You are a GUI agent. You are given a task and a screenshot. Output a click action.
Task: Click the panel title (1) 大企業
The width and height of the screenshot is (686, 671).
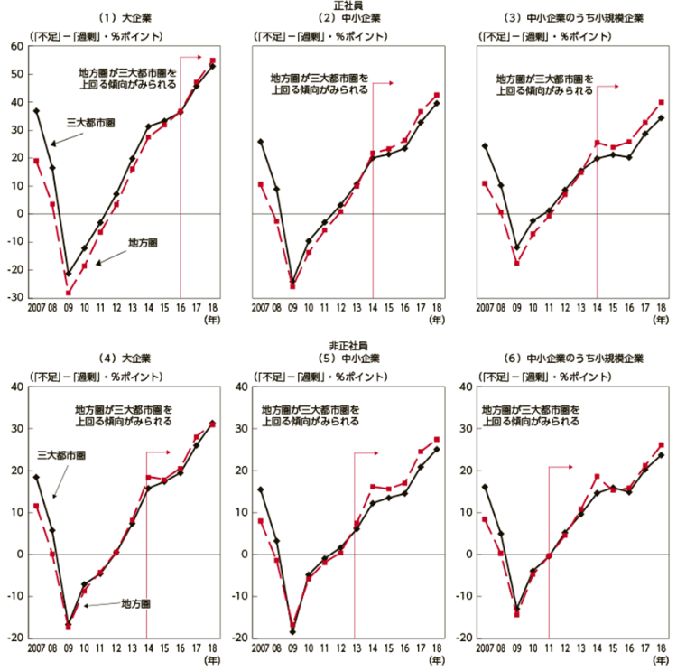pyautogui.click(x=128, y=18)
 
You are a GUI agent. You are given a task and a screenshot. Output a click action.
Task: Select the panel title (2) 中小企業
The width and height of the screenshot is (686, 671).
pyautogui.click(x=348, y=18)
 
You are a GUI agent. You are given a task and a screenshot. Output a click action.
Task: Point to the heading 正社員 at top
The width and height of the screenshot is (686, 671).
pyautogui.click(x=348, y=6)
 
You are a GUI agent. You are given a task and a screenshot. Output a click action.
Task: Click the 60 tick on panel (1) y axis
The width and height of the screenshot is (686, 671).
pyautogui.click(x=16, y=47)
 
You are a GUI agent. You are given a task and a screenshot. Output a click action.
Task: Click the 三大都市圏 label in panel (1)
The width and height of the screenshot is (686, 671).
pyautogui.click(x=89, y=122)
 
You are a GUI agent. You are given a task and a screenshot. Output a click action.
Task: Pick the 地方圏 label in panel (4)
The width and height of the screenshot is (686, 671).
pyautogui.click(x=135, y=603)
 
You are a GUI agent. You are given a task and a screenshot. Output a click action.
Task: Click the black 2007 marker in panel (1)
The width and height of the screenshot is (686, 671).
pyautogui.click(x=36, y=111)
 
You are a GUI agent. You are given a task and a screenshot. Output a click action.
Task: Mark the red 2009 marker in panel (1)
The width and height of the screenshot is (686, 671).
pyautogui.click(x=68, y=293)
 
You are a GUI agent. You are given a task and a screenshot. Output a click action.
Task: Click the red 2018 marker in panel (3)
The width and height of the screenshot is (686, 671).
pyautogui.click(x=661, y=102)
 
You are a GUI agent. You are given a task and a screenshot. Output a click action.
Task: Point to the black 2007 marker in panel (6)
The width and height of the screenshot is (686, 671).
pyautogui.click(x=485, y=487)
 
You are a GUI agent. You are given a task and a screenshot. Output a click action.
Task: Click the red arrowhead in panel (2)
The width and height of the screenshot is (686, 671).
pyautogui.click(x=394, y=83)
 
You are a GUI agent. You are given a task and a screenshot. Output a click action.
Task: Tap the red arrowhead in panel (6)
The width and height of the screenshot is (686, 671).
pyautogui.click(x=571, y=467)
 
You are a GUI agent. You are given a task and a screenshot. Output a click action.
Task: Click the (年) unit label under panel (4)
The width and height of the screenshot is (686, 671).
pyautogui.click(x=211, y=661)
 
